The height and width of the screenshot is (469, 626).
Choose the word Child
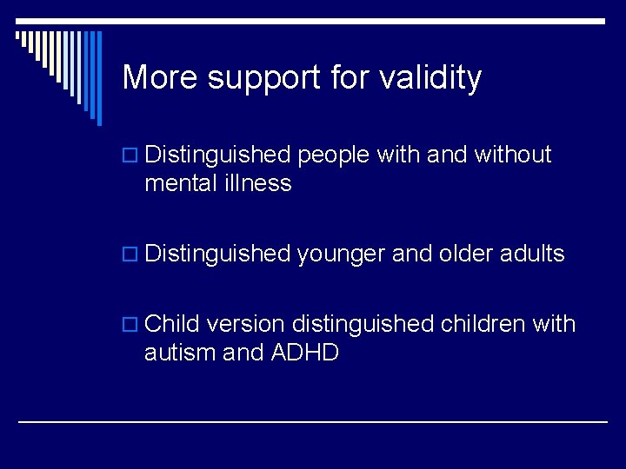(173, 324)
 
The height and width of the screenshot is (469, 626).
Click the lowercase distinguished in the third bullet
(363, 325)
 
